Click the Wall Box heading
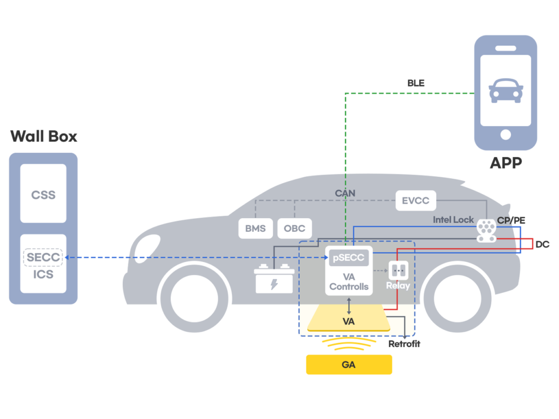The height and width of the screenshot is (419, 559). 44,136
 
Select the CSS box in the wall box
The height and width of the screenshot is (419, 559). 43,194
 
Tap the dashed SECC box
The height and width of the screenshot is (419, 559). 43,257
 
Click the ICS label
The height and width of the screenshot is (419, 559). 43,274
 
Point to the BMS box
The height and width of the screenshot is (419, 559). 255,228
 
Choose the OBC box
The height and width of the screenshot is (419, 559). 295,228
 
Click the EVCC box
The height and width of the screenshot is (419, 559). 415,200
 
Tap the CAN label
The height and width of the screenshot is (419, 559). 346,193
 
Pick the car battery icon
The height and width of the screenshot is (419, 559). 275,278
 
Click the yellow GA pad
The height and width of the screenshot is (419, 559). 349,364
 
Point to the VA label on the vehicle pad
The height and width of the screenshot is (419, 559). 349,321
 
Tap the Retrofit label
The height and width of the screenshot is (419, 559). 404,344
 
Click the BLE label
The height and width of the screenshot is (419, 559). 416,83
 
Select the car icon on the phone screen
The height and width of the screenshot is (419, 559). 506,90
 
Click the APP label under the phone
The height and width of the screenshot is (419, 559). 506,163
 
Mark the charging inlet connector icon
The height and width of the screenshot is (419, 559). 486,231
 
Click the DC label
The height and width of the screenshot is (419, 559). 542,244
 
